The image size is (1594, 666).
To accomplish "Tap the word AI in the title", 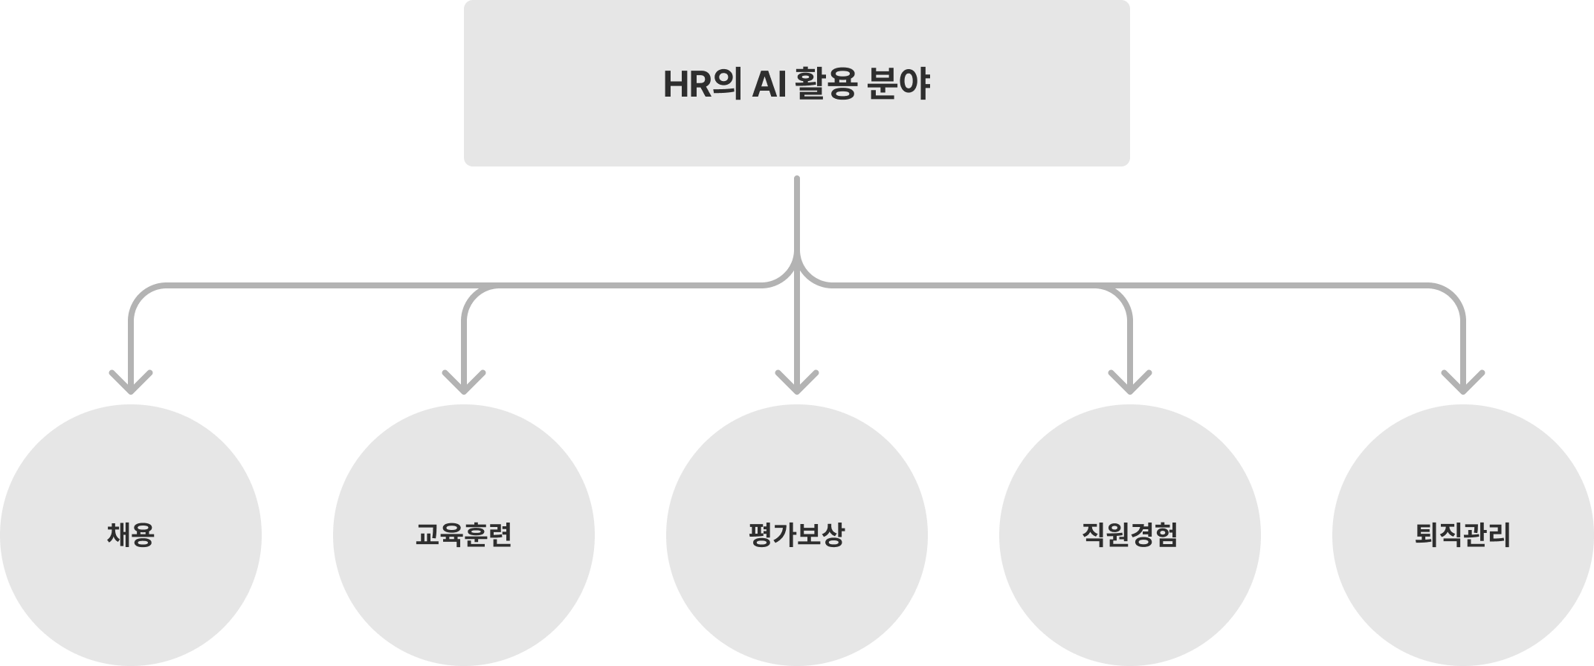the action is (764, 85).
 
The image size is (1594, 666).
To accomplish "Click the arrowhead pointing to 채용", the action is (131, 383).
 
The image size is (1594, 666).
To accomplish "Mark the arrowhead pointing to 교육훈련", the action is (463, 383).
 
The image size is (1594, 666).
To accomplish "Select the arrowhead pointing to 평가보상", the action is (796, 383).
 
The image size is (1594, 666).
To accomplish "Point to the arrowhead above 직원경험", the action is (1129, 383).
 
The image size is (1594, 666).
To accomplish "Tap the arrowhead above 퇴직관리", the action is (1462, 383).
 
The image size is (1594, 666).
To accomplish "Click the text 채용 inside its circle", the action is (131, 535).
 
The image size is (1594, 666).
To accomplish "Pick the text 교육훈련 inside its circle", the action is (463, 535).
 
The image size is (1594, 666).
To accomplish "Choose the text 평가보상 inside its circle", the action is (796, 535).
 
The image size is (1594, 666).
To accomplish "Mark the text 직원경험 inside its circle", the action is (1129, 535).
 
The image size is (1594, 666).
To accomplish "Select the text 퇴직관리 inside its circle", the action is (1462, 535).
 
